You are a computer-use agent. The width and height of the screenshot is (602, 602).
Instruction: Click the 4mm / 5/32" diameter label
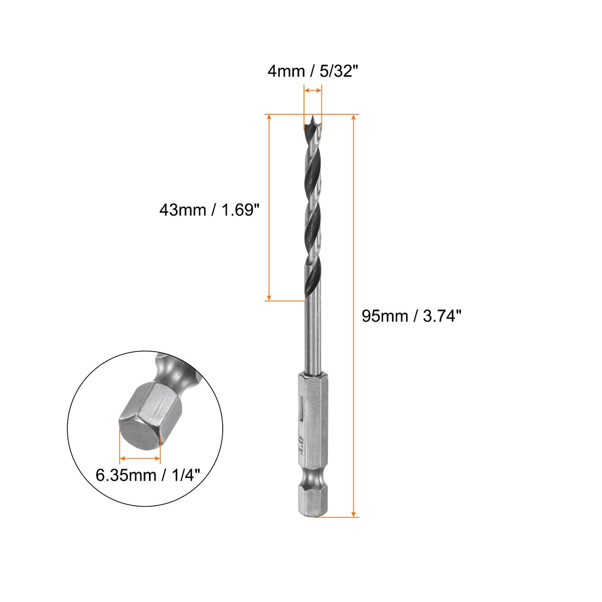tap(314, 71)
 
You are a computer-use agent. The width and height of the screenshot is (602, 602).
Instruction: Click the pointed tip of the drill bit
tap(313, 119)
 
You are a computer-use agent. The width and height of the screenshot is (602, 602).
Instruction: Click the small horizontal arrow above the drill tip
tap(313, 91)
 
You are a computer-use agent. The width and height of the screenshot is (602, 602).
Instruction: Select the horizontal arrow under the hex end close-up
tap(140, 459)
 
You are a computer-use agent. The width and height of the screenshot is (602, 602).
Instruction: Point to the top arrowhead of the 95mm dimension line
tap(354, 118)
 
